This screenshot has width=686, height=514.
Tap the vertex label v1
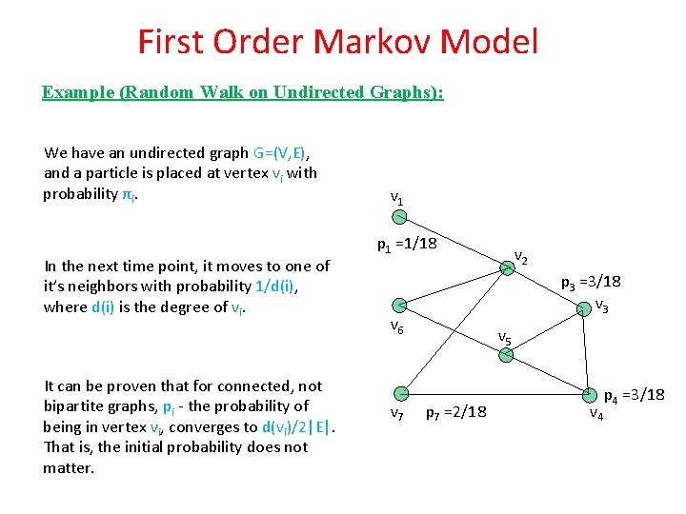click(x=396, y=198)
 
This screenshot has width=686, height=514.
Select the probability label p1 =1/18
click(x=407, y=244)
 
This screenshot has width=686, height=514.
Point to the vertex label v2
click(x=521, y=256)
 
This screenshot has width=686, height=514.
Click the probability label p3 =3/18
click(x=591, y=282)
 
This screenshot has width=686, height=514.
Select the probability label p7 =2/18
click(x=455, y=412)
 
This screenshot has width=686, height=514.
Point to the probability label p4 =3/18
click(x=634, y=394)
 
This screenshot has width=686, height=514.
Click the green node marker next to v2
click(x=508, y=270)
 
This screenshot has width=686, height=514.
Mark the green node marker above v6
click(x=401, y=305)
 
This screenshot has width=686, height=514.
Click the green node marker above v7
click(x=402, y=392)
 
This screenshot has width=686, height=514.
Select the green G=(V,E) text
click(x=284, y=152)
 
